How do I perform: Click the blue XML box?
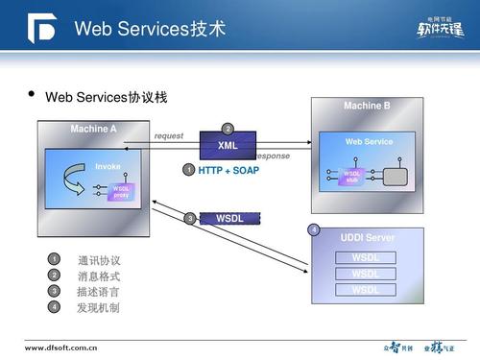click(228, 146)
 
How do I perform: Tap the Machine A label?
click(93, 129)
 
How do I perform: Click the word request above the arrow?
click(169, 136)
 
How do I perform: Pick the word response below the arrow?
click(272, 156)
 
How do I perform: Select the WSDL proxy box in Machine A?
click(121, 192)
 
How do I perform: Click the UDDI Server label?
click(367, 237)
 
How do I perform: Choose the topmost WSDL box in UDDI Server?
click(366, 257)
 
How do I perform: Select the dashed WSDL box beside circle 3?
click(230, 218)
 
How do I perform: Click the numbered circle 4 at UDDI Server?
click(314, 229)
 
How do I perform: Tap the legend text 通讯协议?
click(99, 260)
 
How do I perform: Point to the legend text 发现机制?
click(99, 308)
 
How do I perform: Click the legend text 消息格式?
click(99, 276)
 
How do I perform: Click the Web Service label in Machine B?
click(369, 142)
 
